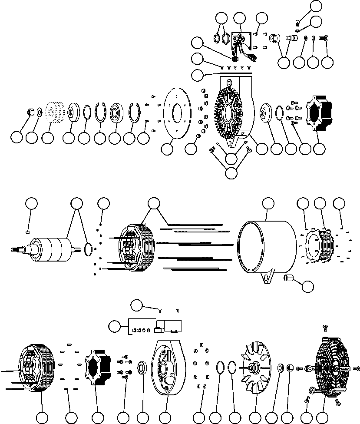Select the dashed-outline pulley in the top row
tap(54, 113)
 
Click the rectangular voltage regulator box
tap(169, 325)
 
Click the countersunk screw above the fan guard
tap(324, 327)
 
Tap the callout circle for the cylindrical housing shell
tap(268, 203)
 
